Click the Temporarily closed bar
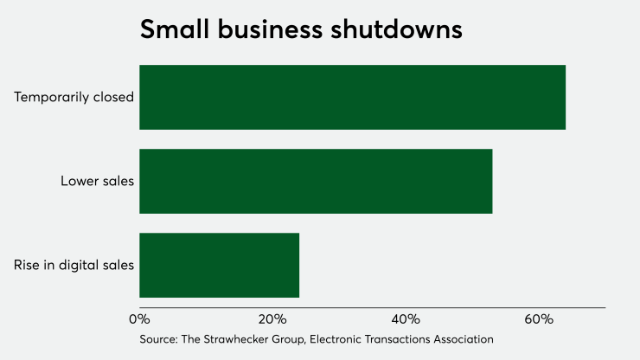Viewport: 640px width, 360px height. coord(352,97)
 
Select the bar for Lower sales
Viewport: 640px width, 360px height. coord(316,181)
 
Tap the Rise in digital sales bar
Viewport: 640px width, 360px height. coord(219,265)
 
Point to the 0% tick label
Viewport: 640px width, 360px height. coord(139,319)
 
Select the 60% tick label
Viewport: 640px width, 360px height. coord(538,319)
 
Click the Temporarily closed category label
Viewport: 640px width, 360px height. coord(74,97)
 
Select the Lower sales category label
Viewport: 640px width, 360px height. coord(97,181)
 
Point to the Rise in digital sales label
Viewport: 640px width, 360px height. coord(74,265)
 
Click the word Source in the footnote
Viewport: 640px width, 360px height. coord(158,339)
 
